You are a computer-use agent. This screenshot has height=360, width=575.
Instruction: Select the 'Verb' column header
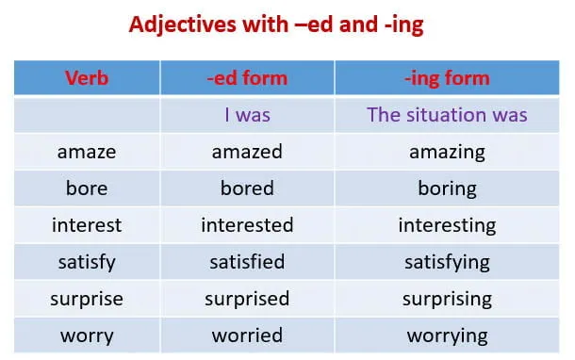86,77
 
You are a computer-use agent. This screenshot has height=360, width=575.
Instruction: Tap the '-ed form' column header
247,77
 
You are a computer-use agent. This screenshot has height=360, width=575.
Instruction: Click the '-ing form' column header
447,77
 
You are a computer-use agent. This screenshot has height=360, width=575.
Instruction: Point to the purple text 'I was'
247,115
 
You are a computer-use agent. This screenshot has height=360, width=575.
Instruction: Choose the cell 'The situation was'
447,115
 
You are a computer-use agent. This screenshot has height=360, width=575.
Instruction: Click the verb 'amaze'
86,152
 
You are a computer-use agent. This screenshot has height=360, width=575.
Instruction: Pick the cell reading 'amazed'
247,152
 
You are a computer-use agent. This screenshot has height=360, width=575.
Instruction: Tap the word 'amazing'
447,152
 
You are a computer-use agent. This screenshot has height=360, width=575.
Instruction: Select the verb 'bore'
86,188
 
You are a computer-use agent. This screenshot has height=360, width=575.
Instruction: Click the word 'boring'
447,188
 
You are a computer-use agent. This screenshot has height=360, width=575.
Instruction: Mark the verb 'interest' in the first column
86,225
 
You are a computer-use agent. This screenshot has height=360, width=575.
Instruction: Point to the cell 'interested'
247,225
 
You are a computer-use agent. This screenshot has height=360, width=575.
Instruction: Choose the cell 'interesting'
447,225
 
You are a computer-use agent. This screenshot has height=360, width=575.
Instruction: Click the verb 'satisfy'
86,262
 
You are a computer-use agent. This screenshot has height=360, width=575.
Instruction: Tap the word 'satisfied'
247,262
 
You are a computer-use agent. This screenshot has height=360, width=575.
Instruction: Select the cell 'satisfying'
447,262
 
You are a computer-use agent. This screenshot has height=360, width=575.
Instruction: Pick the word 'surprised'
247,299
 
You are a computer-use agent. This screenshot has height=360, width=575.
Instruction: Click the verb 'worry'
86,335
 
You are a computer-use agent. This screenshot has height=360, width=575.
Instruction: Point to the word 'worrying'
447,335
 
